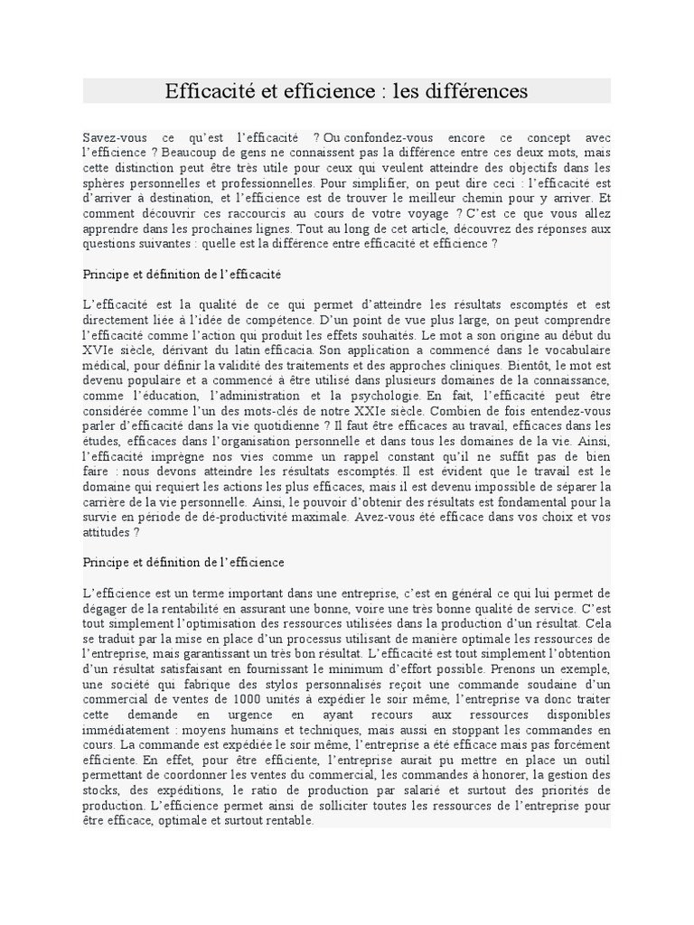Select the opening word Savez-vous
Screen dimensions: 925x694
[113, 136]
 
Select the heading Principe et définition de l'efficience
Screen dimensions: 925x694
[183, 562]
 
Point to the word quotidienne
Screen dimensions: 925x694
[286, 425]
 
